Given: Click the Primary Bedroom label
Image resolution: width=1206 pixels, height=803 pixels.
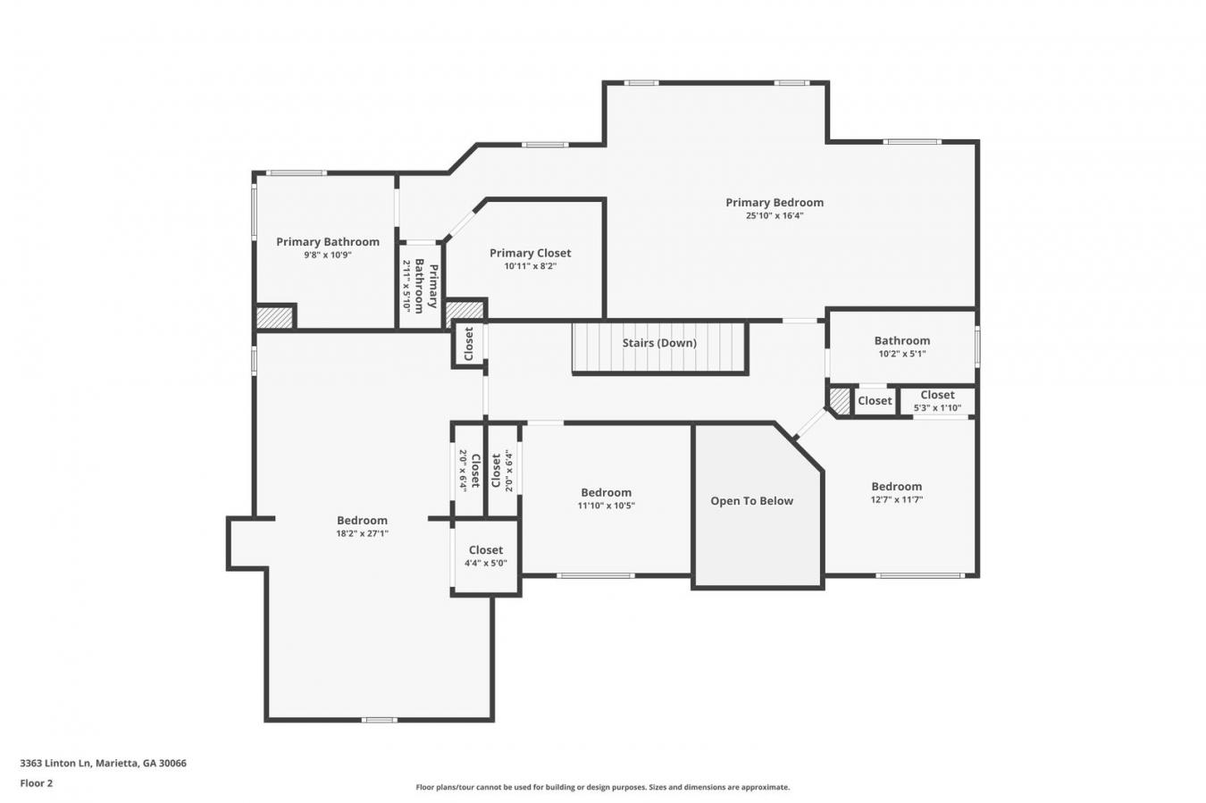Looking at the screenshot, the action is point(775,203).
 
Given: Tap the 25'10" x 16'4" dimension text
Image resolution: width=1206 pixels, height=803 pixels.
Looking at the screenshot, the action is point(775,216).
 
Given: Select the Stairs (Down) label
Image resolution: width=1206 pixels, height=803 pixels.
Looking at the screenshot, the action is point(659,343).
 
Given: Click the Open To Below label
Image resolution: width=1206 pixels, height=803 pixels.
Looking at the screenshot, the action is point(751,501).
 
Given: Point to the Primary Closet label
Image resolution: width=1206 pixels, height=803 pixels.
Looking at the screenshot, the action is point(531,253).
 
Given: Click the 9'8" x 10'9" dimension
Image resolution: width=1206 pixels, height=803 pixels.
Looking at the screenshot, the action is point(328,255).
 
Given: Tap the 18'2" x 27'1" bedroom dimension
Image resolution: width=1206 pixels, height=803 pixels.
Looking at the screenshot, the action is point(363,534).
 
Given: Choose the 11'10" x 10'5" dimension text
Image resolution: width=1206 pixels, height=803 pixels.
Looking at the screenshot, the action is point(607,506).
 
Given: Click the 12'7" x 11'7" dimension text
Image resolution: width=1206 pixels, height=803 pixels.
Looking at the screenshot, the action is point(897,499).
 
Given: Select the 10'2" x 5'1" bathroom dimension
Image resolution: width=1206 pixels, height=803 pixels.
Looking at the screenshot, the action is point(902,354).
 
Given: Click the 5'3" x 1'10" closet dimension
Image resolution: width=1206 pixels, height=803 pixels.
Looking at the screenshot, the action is point(937,408).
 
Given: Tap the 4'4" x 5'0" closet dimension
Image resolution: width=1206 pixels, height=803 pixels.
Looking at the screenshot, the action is point(486,564).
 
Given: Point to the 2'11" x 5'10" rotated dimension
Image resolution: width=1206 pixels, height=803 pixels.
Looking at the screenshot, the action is point(407,287).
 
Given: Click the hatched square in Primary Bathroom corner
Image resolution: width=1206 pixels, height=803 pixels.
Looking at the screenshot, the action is point(274,318).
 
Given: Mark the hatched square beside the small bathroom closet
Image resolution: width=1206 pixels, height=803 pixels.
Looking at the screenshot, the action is point(840,402).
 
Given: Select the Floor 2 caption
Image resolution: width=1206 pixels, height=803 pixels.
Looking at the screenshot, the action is point(37,783).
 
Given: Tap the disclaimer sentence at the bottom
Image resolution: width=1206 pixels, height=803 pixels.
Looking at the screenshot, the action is point(602,787).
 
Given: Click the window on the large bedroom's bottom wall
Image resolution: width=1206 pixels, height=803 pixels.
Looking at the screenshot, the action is point(379,720).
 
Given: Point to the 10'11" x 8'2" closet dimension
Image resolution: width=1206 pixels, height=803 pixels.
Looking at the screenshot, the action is point(531,266).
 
